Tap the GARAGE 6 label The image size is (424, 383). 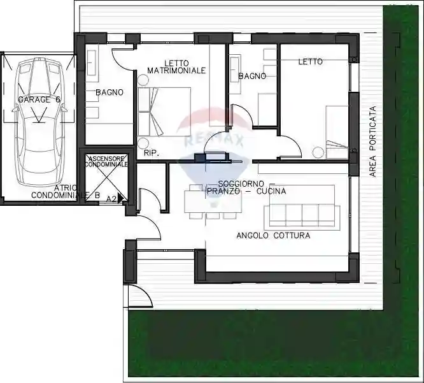pos(39,100)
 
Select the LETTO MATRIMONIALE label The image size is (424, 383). pos(176,66)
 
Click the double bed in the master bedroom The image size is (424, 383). pos(164,111)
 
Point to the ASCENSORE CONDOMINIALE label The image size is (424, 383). pos(106,161)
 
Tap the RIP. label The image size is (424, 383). pos(151,153)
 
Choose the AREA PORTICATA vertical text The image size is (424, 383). pos(374,141)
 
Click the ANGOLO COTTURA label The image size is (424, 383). pos(273,236)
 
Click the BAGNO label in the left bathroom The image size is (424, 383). pos(109,92)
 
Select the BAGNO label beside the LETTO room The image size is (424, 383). pos(251,76)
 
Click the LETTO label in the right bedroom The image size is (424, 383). pos(310,62)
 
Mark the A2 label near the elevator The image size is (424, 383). pos(111,199)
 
